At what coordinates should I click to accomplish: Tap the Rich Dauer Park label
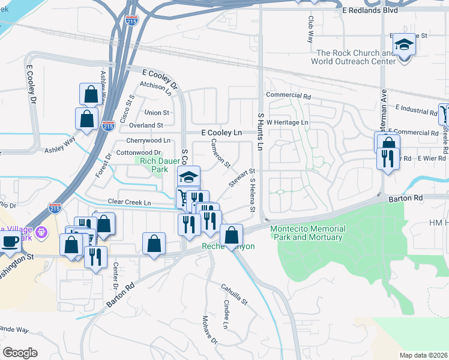point(154,165)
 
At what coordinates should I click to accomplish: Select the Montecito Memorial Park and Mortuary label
point(308,233)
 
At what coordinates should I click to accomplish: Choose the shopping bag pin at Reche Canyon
point(231,235)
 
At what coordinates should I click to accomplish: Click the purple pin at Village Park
point(41,231)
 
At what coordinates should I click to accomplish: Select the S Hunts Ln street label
point(261,131)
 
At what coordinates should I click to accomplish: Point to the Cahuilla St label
point(234,294)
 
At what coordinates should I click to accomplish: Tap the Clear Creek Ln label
point(129,203)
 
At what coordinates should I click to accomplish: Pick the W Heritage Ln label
point(288,122)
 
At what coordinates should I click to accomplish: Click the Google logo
point(20,353)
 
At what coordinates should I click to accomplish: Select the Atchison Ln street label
point(156,86)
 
